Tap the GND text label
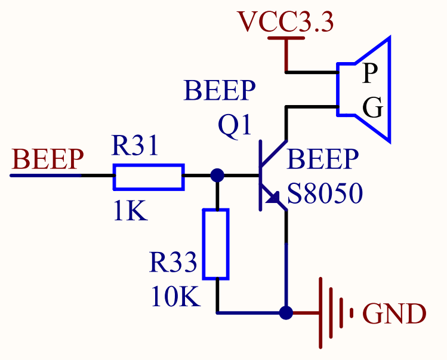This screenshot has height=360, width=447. pyautogui.click(x=394, y=313)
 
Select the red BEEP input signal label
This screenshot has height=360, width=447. pyautogui.click(x=48, y=159)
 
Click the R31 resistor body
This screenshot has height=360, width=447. pyautogui.click(x=149, y=176)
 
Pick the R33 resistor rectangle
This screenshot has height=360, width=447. pyautogui.click(x=216, y=244)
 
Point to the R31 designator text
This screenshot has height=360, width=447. pyautogui.click(x=135, y=146)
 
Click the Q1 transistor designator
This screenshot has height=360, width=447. pyautogui.click(x=235, y=126)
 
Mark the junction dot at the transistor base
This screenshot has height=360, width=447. pyautogui.click(x=217, y=176)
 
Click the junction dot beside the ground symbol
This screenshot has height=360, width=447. pyautogui.click(x=286, y=312)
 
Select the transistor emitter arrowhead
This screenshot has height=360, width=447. pyautogui.click(x=276, y=199)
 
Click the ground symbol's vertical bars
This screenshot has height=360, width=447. pyautogui.click(x=334, y=312)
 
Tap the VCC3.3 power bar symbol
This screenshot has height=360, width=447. pyautogui.click(x=287, y=39)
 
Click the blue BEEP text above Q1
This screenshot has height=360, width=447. pyautogui.click(x=220, y=92)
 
